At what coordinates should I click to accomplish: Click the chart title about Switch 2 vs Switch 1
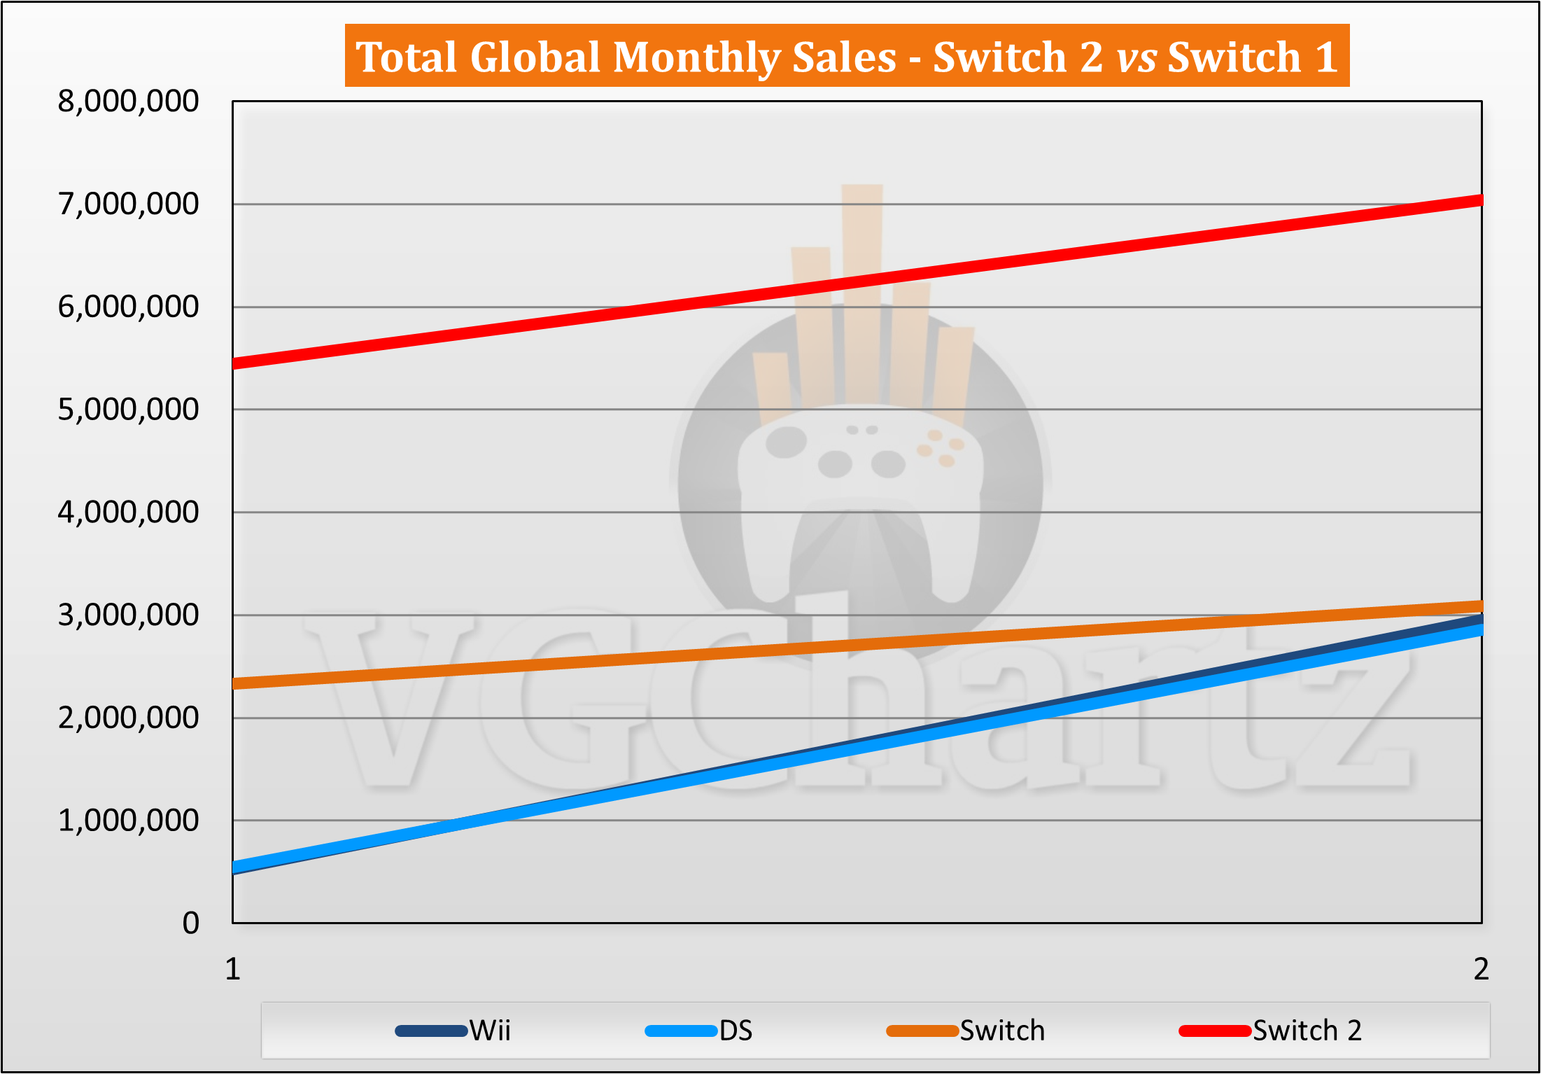click(847, 56)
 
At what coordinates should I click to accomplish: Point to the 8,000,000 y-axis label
click(128, 102)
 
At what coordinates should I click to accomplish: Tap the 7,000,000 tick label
click(128, 204)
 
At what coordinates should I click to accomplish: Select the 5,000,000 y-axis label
click(128, 410)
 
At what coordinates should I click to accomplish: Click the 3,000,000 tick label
click(128, 615)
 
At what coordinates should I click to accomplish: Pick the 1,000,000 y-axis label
click(128, 821)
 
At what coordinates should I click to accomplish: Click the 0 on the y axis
click(190, 923)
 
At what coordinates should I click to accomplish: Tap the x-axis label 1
click(233, 970)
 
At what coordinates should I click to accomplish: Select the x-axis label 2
click(1481, 970)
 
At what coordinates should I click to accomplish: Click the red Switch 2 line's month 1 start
click(234, 363)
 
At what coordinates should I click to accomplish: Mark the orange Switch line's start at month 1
click(234, 683)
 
